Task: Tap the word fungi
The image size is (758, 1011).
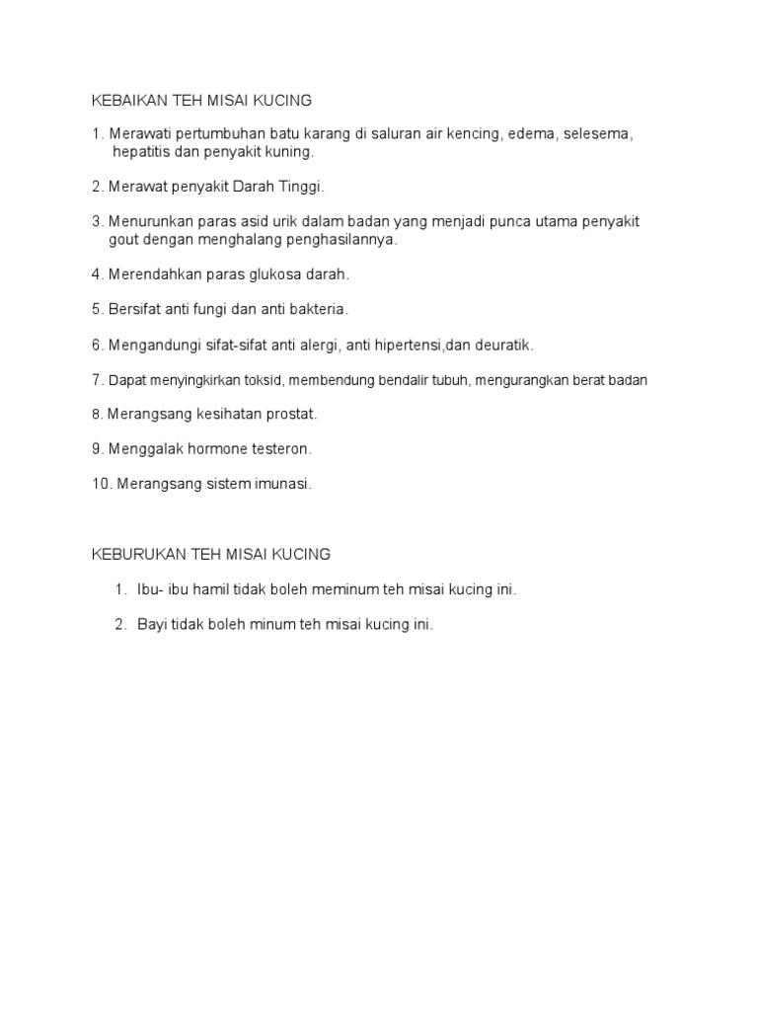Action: point(218,309)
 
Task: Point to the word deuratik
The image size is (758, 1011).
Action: point(504,345)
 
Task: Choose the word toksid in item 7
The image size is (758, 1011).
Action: point(263,380)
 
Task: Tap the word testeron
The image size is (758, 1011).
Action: point(280,449)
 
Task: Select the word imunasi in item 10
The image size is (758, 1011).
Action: point(281,484)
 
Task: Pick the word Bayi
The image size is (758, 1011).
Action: point(153,625)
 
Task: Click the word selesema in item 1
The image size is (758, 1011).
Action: point(598,134)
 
